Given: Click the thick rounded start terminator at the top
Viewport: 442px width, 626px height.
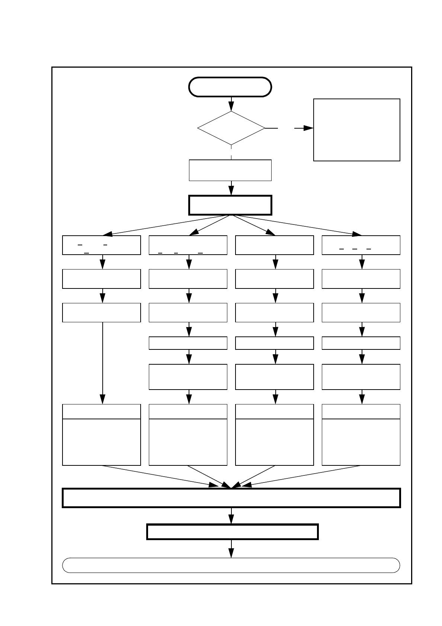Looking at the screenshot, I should [230, 87].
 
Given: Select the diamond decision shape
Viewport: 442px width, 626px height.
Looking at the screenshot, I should [231, 128].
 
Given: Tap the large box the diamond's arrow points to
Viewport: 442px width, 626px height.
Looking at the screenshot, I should [356, 130].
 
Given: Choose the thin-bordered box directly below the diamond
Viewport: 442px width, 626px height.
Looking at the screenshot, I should [230, 170].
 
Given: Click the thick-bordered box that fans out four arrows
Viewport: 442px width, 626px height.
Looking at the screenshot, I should [230, 205].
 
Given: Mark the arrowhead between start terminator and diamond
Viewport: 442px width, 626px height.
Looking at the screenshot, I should [231, 106].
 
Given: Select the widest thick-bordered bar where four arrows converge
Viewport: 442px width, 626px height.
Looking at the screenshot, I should [231, 498].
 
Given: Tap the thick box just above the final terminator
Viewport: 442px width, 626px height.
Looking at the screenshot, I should [232, 532].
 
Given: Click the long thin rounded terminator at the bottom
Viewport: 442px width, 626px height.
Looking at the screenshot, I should [231, 565].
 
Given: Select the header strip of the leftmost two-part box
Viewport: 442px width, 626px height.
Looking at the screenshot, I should [101, 412].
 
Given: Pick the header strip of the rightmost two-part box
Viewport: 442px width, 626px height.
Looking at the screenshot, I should [361, 412].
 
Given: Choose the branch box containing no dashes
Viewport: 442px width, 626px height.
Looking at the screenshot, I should [275, 245].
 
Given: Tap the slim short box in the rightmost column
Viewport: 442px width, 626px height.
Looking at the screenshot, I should [361, 343].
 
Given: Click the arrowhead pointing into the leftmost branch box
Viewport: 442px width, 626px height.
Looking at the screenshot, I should [108, 234].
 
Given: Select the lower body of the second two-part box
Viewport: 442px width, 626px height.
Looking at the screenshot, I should [188, 442].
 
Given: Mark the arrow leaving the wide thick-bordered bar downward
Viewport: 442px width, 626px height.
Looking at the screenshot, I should [231, 516].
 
